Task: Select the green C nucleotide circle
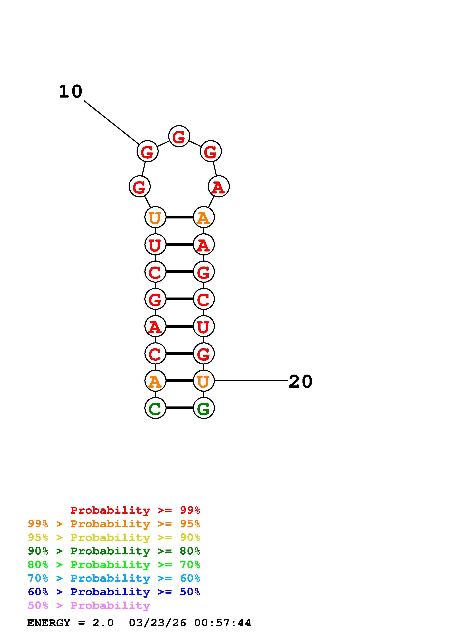click(x=155, y=408)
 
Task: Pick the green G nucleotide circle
click(x=204, y=408)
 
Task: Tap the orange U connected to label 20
click(x=204, y=381)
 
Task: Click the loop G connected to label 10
click(x=147, y=151)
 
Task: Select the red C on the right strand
click(x=204, y=299)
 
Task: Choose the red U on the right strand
click(x=204, y=326)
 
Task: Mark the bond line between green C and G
click(x=179, y=408)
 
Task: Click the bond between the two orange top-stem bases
click(x=179, y=217)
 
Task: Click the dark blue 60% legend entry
click(x=114, y=592)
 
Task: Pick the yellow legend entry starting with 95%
click(x=114, y=537)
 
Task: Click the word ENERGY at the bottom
click(x=49, y=623)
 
